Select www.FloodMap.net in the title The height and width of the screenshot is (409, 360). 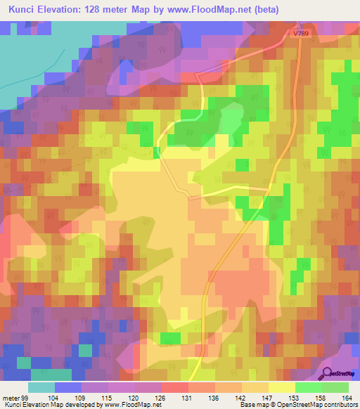tap(204, 10)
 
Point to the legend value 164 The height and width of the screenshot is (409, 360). tap(346, 397)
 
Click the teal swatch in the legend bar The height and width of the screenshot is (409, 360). tap(41, 387)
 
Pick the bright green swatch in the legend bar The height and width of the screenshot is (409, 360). tap(308, 387)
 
